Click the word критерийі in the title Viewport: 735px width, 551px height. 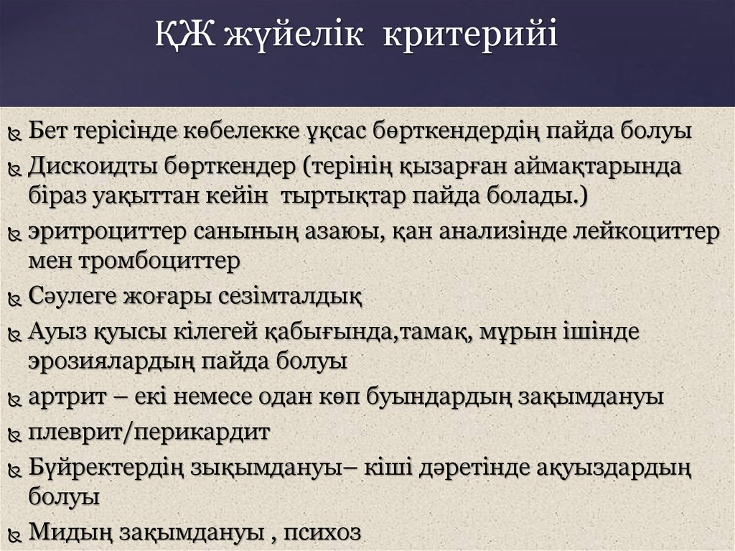pyautogui.click(x=469, y=37)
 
